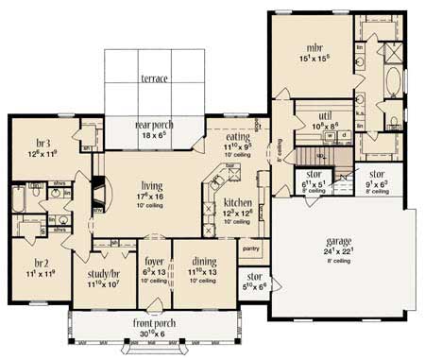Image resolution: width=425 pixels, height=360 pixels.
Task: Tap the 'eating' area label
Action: (238, 137)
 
